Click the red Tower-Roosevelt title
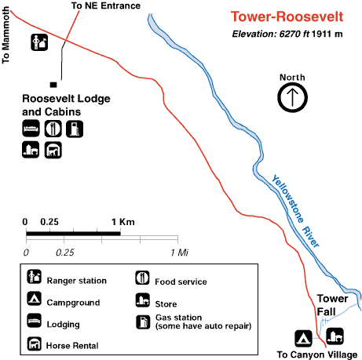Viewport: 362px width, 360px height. [x=287, y=16]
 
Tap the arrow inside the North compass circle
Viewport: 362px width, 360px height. [x=292, y=97]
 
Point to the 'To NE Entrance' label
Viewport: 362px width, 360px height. [x=106, y=5]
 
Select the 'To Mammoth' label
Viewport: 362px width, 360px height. [x=5, y=35]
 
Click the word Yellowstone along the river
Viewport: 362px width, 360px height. [x=287, y=198]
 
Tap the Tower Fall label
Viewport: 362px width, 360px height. [x=332, y=305]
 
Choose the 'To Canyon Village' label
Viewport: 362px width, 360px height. [x=317, y=355]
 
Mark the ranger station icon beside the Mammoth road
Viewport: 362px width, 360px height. [x=39, y=42]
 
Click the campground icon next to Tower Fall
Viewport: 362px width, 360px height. [x=303, y=338]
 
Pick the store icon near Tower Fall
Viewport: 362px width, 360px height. [x=335, y=336]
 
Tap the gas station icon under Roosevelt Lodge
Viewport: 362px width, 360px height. [x=75, y=129]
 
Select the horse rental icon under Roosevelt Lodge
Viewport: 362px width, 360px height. [x=53, y=151]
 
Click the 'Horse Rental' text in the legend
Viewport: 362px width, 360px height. [x=72, y=346]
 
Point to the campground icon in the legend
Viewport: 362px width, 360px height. [x=35, y=299]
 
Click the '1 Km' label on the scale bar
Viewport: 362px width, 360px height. [x=123, y=222]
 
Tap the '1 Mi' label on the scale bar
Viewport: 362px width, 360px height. [x=179, y=253]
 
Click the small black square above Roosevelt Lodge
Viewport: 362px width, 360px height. [x=53, y=85]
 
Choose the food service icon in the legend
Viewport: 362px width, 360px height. [x=142, y=278]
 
